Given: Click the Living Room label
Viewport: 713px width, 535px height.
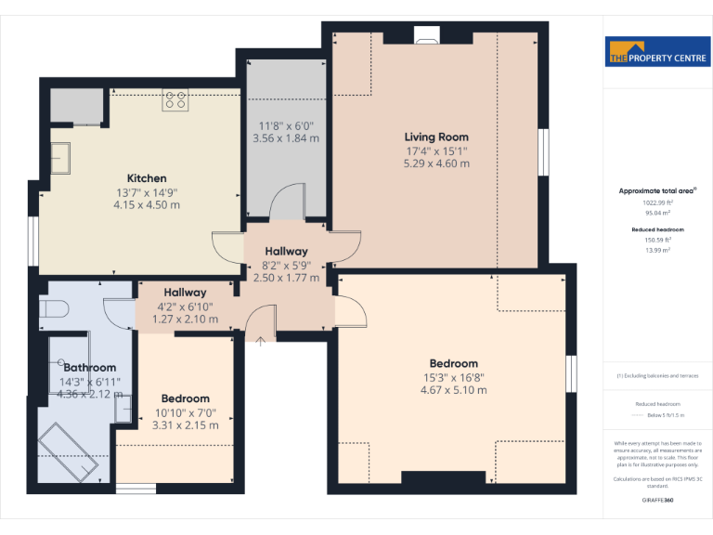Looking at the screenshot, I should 436,137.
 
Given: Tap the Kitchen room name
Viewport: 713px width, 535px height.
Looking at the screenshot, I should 147,178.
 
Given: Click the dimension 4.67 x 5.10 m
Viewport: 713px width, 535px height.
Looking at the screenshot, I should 453,390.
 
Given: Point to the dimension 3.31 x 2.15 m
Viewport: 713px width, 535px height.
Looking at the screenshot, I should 185,425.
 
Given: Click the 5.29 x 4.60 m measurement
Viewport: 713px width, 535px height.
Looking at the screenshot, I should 436,163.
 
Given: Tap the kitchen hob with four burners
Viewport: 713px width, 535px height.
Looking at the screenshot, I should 175,100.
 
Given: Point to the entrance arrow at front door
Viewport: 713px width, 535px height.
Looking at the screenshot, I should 261,342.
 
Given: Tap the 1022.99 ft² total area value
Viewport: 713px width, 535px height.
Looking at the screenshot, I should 657,202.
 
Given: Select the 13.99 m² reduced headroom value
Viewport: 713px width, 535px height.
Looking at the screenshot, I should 657,250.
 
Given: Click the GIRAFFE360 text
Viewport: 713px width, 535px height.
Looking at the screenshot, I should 656,501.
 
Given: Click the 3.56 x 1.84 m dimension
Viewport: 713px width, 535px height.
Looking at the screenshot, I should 286,138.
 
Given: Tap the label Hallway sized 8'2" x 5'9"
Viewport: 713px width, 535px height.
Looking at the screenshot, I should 286,252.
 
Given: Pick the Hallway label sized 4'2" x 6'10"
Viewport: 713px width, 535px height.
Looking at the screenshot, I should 185,293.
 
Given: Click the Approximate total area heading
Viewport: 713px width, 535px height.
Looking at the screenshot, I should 657,190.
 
